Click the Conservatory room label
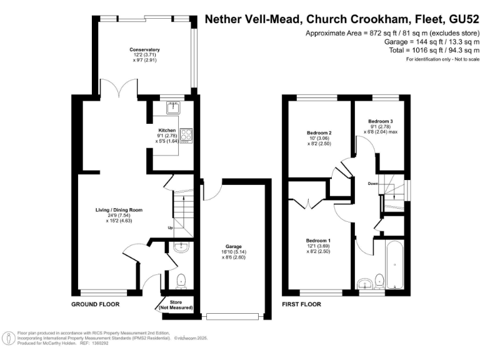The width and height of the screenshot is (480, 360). click(145, 49)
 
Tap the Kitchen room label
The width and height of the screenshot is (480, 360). click(167, 131)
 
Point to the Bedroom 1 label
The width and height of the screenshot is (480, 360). click(318, 241)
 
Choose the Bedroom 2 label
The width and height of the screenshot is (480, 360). click(318, 132)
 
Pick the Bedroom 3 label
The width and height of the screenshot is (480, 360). click(380, 121)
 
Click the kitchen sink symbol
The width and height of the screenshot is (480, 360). click(172, 107)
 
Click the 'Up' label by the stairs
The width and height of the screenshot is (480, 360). click(169, 227)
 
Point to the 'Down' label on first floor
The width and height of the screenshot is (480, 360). click(372, 184)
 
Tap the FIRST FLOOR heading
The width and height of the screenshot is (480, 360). click(301, 304)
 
